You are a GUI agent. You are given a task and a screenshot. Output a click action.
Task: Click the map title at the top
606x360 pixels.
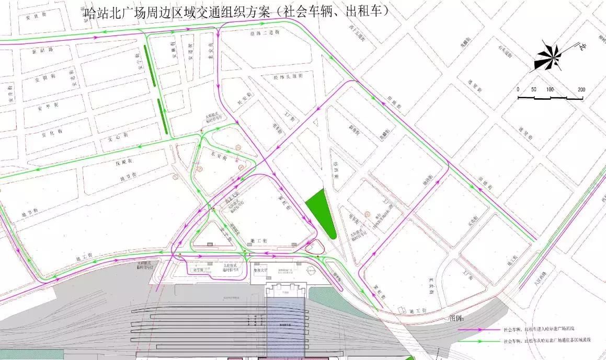(x=237, y=11)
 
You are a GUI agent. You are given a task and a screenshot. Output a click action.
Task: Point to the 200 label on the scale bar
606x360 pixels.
(x=581, y=89)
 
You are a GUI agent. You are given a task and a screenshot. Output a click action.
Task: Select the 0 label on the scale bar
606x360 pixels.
(x=518, y=89)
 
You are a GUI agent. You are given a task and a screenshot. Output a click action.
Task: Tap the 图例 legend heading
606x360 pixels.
(x=456, y=318)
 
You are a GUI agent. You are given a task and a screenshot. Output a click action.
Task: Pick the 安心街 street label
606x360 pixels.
(x=117, y=140)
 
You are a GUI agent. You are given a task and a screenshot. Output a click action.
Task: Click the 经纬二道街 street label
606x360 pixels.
(x=269, y=32)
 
